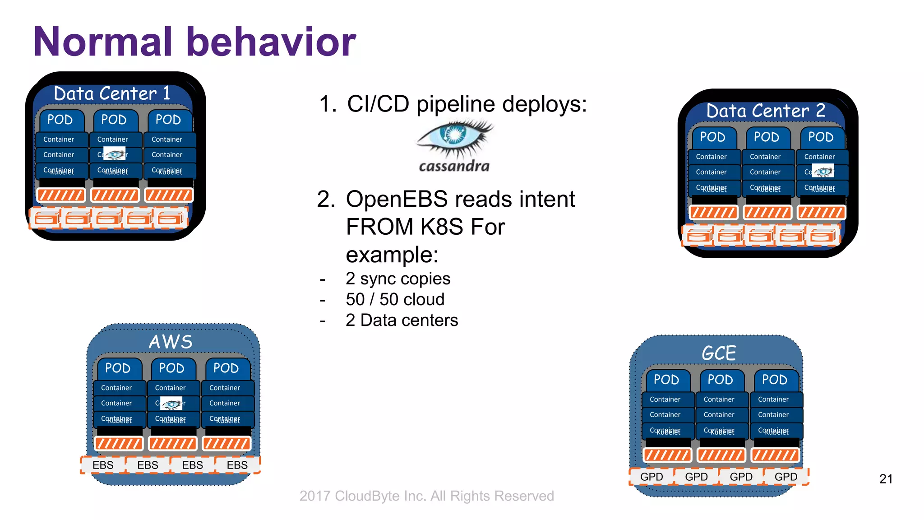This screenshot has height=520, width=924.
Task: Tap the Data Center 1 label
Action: [x=112, y=93]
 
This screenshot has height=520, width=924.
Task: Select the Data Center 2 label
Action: [x=765, y=111]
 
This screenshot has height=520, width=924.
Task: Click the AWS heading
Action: [x=171, y=342]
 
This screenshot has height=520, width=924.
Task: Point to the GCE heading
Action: [x=718, y=353]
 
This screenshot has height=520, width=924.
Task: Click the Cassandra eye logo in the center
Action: [x=455, y=136]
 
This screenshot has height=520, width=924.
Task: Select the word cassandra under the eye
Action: [x=454, y=166]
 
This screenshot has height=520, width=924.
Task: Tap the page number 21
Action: [x=886, y=479]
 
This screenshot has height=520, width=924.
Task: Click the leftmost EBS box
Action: [x=103, y=465]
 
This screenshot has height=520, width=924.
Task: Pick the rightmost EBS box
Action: [x=237, y=465]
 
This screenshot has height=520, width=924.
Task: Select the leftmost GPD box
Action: [x=651, y=477]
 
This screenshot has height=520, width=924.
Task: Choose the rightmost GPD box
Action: [x=785, y=477]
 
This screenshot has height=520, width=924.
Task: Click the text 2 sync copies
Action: [x=397, y=279]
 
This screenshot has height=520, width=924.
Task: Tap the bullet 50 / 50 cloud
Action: [x=395, y=299]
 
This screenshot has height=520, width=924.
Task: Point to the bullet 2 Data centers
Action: [x=402, y=320]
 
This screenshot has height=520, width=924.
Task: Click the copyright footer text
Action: [x=426, y=496]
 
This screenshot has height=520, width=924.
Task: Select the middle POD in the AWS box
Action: [x=172, y=368]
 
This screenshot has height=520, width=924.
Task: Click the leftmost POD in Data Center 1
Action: [x=60, y=120]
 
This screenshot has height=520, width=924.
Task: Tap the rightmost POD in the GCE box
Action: [x=774, y=380]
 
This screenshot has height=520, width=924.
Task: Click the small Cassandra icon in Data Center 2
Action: [x=823, y=172]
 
